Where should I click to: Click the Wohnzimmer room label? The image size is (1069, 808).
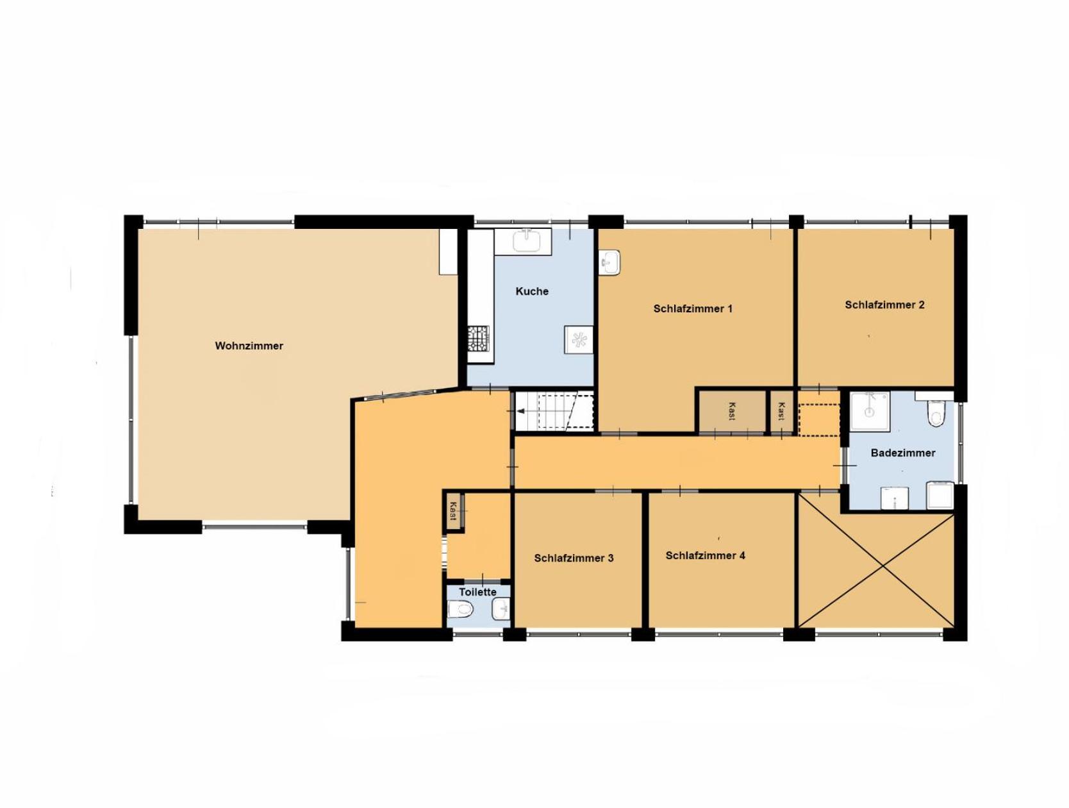[x=249, y=346]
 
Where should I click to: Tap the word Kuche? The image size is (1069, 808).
[x=532, y=291]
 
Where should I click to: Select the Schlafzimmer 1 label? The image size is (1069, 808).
[x=693, y=308]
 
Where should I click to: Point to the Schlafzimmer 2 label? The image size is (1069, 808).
[x=884, y=305]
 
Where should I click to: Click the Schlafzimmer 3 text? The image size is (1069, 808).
[x=574, y=559]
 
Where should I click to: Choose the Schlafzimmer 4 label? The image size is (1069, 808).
[x=705, y=555]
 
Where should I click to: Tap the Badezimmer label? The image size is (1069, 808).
[x=903, y=453]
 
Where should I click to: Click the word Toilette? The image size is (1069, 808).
[x=477, y=592]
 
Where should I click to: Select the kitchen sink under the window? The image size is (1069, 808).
[x=526, y=240]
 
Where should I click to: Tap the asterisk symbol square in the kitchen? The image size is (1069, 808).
[x=579, y=339]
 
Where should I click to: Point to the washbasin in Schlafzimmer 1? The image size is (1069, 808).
[x=609, y=263]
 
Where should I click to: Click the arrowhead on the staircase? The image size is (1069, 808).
[x=520, y=411]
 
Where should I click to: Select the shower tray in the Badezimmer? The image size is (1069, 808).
[x=870, y=411]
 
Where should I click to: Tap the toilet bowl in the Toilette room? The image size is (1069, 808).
[x=461, y=609]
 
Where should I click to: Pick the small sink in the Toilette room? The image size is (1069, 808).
[x=501, y=609]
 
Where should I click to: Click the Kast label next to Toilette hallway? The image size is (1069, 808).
[x=453, y=511]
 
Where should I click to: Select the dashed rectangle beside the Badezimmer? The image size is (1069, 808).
[x=820, y=420]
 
